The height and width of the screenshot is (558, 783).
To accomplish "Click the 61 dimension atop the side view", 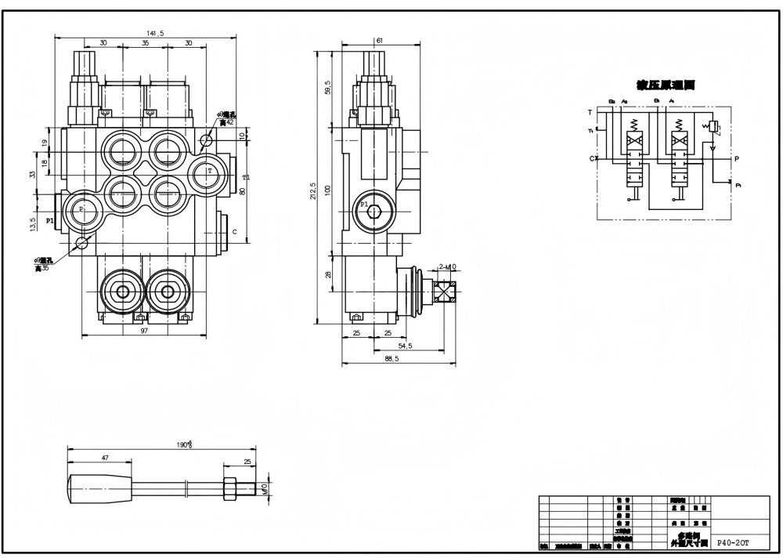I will pos(379,41).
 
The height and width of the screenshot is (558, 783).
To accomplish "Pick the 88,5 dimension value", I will pos(392,359).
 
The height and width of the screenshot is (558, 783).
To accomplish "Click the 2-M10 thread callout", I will pos(447,267).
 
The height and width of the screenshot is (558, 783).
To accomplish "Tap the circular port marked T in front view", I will pos(209,171).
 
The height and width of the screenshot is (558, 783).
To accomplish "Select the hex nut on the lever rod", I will pos(231,487).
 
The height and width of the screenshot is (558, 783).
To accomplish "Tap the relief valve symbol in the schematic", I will pos(713,127).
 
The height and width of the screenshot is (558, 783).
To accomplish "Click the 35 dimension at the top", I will pos(145,44).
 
